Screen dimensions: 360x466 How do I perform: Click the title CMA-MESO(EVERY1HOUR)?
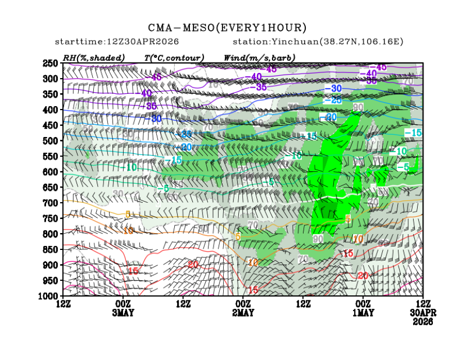(227, 28)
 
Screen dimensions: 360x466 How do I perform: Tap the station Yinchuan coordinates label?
(318, 42)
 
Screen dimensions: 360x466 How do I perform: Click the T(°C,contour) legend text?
(174, 57)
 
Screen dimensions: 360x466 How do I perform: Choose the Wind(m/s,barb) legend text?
(259, 57)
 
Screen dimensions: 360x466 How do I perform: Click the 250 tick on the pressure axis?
(51, 63)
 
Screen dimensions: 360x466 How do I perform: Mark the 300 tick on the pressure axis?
(51, 79)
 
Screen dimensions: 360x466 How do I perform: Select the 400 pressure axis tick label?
(51, 110)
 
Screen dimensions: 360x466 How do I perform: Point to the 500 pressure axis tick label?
(51, 140)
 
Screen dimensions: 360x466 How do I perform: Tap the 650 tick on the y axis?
(51, 187)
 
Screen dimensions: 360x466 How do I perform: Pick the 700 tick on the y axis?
(51, 203)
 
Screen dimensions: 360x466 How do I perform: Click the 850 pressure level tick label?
(51, 249)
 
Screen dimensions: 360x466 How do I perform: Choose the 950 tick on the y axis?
(51, 280)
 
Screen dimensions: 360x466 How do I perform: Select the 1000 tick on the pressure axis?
(49, 295)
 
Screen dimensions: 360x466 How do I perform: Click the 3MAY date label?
(123, 313)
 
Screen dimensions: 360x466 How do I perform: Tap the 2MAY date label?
(243, 313)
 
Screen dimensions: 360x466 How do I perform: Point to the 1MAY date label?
(363, 313)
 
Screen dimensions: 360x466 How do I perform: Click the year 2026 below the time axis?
(422, 321)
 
